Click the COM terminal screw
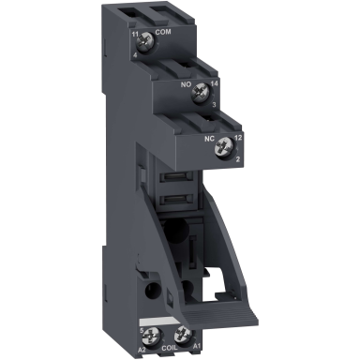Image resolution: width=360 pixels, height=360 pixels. pos(146,44)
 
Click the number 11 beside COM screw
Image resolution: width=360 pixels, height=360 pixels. pos(137,33)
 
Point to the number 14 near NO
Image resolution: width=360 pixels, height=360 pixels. pos(201,82)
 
